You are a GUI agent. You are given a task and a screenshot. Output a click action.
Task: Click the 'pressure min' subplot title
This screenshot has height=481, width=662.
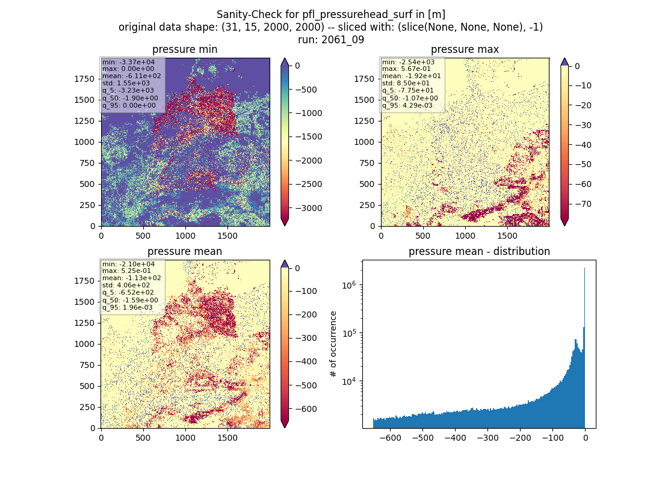pos(185,49)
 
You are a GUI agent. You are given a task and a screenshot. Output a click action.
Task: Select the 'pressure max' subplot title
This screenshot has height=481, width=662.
pos(465,49)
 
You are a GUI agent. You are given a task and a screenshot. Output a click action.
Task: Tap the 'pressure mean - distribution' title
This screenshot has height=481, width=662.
pos(479,251)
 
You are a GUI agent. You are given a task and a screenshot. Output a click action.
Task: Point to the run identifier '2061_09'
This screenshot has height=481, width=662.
pos(342,40)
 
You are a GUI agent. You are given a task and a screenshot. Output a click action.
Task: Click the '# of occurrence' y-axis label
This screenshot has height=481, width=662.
pos(333,345)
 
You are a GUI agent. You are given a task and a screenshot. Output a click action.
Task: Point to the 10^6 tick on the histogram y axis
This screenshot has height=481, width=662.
pos(349,286)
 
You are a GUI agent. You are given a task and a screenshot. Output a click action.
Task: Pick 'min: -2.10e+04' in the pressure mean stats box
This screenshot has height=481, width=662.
pos(128,264)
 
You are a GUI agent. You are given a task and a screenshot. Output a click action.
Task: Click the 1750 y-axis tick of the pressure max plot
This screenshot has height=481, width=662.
pos(364,79)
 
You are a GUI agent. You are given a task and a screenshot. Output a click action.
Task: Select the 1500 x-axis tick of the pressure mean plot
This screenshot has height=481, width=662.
pos(227,438)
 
